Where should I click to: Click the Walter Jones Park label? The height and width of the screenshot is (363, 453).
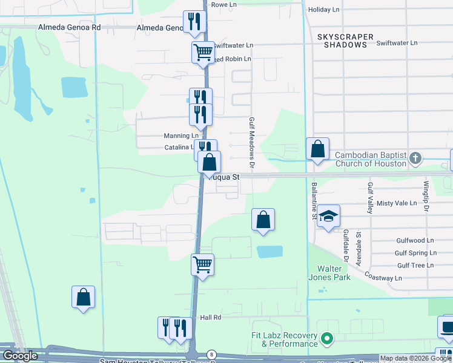334,273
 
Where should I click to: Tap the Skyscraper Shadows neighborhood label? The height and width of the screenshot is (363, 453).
345,41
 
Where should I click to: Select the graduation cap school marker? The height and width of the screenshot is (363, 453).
328,217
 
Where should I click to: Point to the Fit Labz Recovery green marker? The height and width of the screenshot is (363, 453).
328,338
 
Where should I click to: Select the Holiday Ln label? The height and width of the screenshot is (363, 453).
323,10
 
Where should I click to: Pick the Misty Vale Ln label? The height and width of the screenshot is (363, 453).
393,204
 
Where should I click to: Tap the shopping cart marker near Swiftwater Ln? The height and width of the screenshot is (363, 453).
203,51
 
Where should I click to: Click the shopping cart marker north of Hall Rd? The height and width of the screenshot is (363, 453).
202,264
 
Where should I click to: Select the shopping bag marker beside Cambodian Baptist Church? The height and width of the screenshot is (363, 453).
317,149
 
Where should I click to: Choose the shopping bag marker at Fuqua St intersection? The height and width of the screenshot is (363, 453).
209,162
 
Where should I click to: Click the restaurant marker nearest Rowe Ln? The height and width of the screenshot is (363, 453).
194,21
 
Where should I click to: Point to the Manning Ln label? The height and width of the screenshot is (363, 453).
181,136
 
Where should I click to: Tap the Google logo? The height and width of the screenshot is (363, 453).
19,356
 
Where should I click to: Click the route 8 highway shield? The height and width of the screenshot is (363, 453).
211,353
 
